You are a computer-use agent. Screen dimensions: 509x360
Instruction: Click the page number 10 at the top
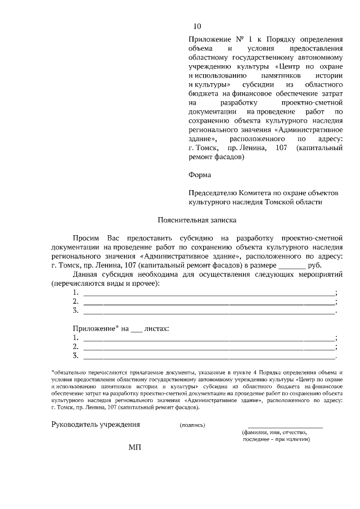pyautogui.click(x=197, y=26)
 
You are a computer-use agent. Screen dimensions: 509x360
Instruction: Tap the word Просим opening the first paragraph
pyautogui.click(x=85, y=238)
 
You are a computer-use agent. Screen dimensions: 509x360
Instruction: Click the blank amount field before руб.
pyautogui.click(x=292, y=265)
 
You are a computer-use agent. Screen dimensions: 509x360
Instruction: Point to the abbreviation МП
pyautogui.click(x=135, y=447)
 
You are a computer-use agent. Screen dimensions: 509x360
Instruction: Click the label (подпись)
pyautogui.click(x=192, y=425)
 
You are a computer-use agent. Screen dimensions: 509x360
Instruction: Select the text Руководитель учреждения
pyautogui.click(x=96, y=424)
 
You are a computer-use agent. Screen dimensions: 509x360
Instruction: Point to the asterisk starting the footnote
pyautogui.click(x=52, y=372)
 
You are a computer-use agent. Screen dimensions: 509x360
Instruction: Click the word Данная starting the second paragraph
pyautogui.click(x=85, y=274)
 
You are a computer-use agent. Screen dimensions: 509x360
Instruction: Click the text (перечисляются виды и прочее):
pyautogui.click(x=105, y=283)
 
